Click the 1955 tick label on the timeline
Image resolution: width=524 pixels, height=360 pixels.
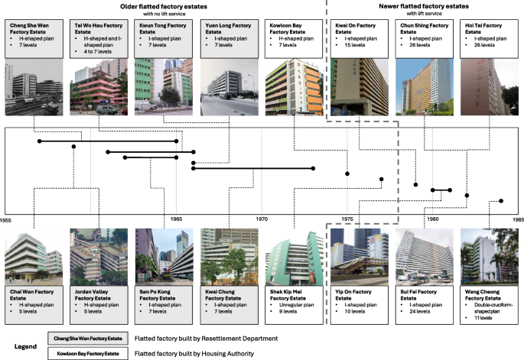tap(6, 219)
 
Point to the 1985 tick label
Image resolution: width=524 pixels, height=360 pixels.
tap(517, 219)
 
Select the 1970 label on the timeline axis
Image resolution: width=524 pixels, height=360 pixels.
tap(262, 219)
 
